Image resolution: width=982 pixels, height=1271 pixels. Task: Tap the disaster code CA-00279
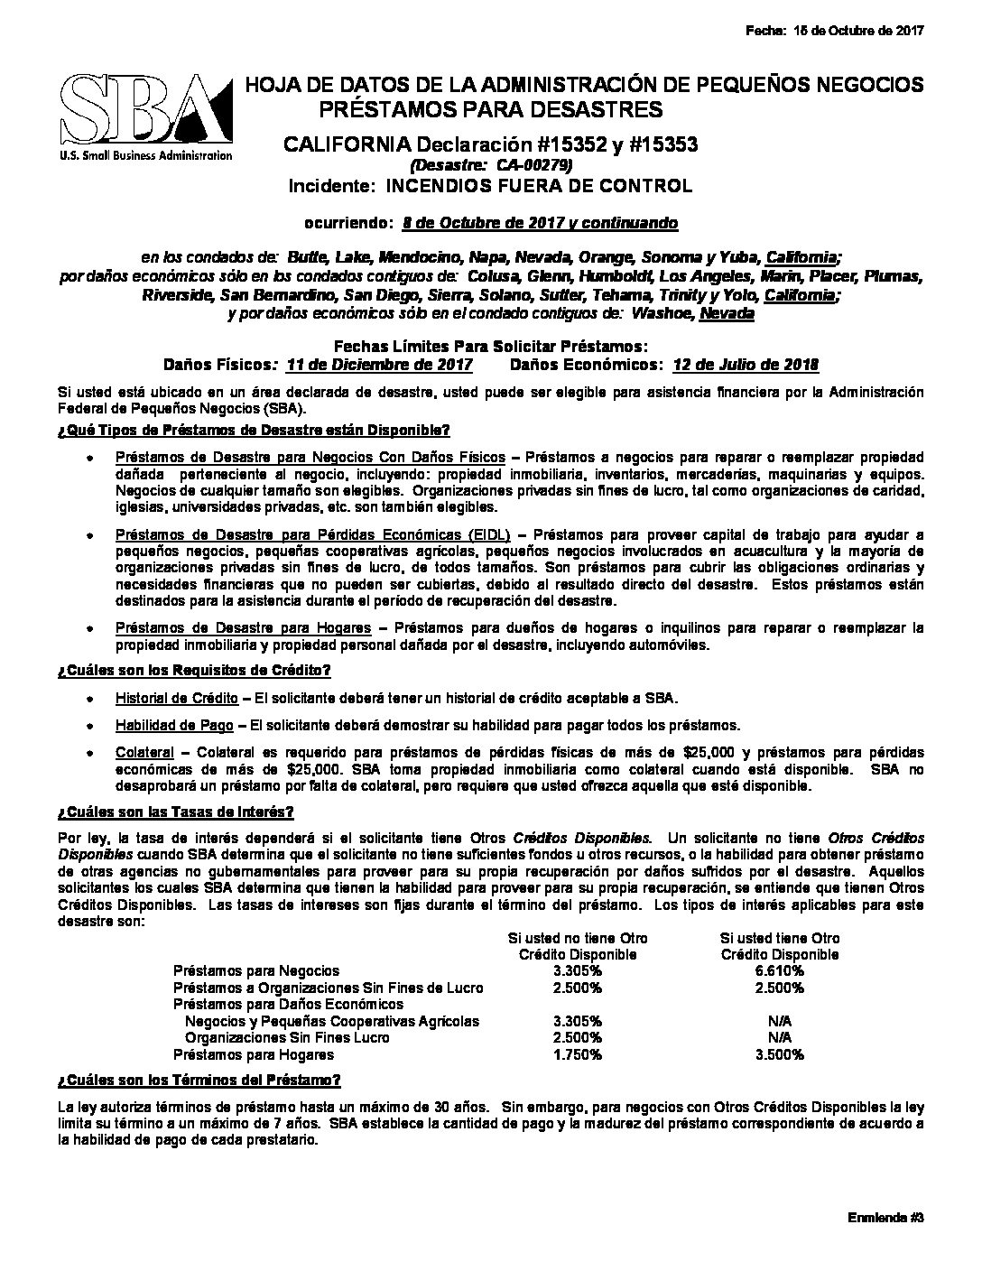pyautogui.click(x=491, y=165)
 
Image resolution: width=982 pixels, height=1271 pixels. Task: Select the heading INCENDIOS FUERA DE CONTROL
pyautogui.click(x=539, y=187)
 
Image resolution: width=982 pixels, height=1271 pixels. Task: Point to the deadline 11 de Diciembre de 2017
pyautogui.click(x=379, y=365)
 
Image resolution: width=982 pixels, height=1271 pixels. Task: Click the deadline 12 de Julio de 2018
pyautogui.click(x=746, y=365)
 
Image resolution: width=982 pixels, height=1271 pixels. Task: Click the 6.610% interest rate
pyautogui.click(x=780, y=970)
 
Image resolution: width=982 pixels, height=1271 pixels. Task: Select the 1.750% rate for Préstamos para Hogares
pyautogui.click(x=578, y=1054)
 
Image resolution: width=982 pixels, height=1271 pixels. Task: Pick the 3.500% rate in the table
pyautogui.click(x=780, y=1054)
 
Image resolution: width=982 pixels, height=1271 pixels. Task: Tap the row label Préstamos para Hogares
pyautogui.click(x=254, y=1054)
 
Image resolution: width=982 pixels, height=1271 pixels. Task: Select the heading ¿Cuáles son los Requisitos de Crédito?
pyautogui.click(x=193, y=670)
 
